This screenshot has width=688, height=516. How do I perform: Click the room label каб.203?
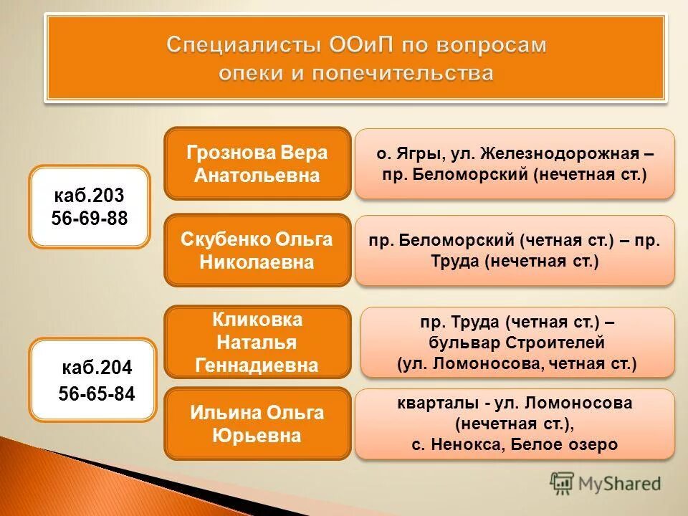click(x=90, y=195)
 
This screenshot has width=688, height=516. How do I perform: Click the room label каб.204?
click(x=97, y=368)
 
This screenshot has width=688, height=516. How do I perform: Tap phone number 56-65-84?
click(x=97, y=394)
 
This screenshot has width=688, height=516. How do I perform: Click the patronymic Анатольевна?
click(x=257, y=176)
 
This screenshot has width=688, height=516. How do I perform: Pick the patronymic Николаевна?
click(x=257, y=262)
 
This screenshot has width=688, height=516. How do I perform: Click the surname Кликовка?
click(x=257, y=320)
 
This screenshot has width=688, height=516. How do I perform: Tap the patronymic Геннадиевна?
click(x=257, y=365)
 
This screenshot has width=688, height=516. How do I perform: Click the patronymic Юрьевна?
click(x=257, y=435)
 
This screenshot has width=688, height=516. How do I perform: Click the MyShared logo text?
click(x=621, y=483)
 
